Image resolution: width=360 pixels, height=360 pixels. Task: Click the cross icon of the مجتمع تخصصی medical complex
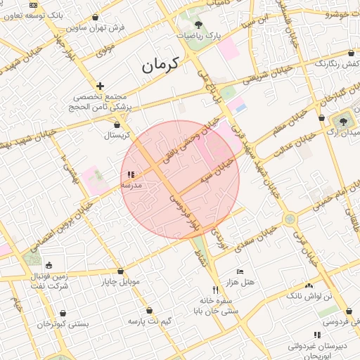tap(101, 85)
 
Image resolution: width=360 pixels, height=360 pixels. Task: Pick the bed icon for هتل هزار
tap(240, 271)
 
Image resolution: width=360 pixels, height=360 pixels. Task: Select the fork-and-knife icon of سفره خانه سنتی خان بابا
tap(215, 290)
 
